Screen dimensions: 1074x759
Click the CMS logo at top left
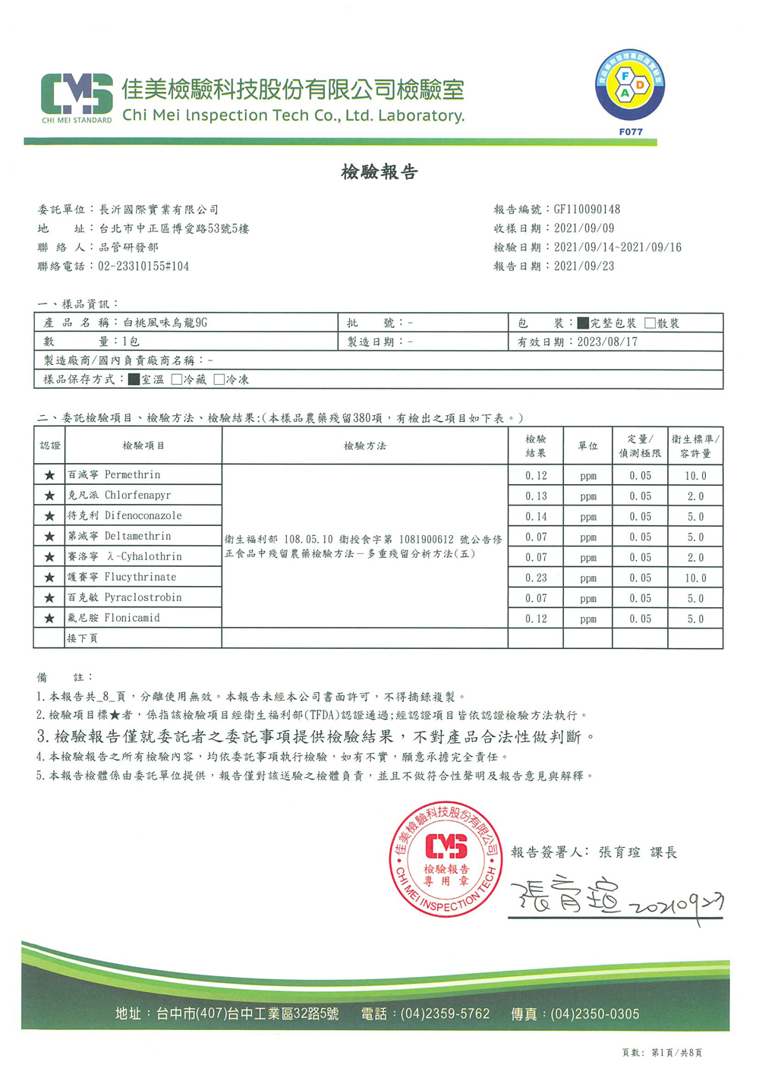(x=77, y=96)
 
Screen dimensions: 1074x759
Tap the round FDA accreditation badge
(x=629, y=85)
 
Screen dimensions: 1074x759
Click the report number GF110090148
(x=587, y=209)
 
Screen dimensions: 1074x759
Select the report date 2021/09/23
(x=584, y=266)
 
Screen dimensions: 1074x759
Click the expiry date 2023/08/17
(x=607, y=342)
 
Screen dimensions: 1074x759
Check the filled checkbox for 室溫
(x=134, y=379)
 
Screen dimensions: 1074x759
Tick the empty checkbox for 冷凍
(x=219, y=379)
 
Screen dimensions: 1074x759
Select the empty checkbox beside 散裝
(x=650, y=323)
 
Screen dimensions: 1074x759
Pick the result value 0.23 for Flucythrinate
(x=536, y=578)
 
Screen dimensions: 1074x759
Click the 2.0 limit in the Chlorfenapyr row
(x=695, y=496)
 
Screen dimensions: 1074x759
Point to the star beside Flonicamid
(x=49, y=619)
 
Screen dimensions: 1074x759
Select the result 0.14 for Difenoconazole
(x=536, y=517)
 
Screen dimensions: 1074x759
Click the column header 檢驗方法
(x=364, y=446)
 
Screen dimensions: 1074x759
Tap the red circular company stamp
(x=446, y=859)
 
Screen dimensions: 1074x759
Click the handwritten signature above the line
(x=565, y=898)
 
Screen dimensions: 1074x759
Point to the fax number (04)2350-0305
(x=594, y=1014)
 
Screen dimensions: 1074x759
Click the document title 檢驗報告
(x=379, y=172)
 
